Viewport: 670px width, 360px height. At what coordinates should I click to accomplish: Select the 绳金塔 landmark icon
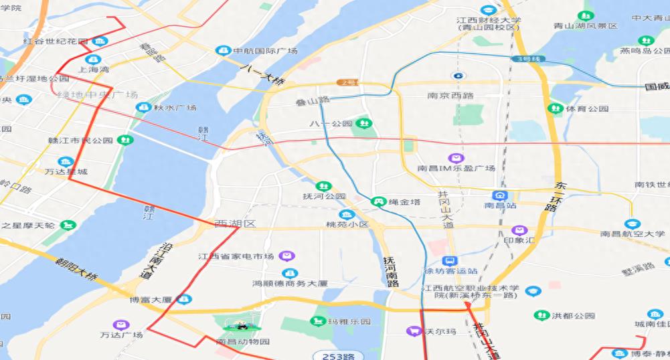pos(378,201)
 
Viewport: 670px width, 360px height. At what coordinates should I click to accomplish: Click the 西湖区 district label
pos(235,223)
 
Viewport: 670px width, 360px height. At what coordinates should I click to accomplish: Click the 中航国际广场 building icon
pos(222,51)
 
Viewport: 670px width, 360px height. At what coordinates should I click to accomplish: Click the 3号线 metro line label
pos(528,59)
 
